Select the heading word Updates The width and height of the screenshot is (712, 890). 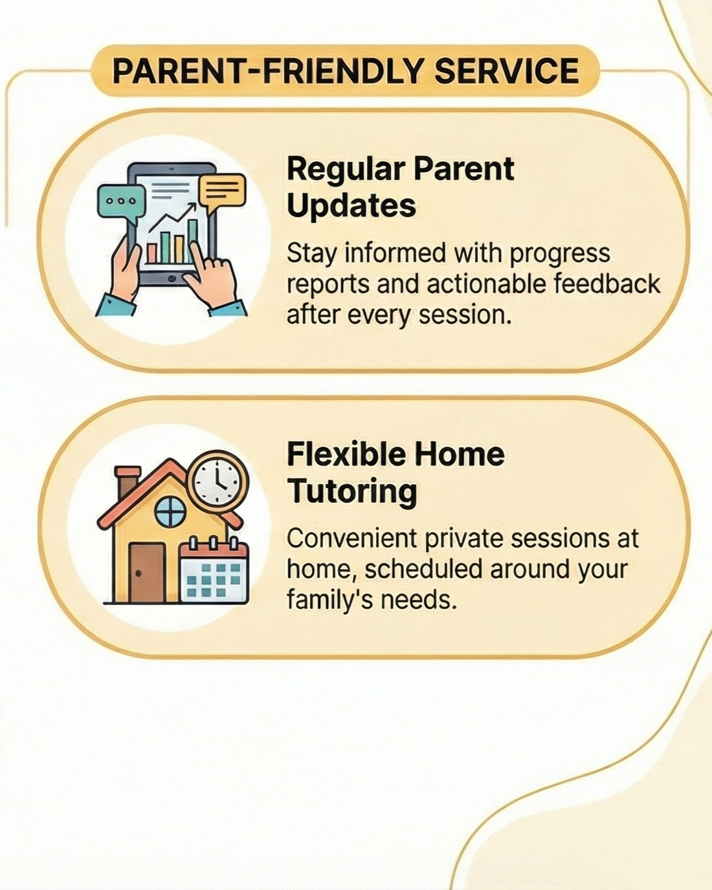pos(351,205)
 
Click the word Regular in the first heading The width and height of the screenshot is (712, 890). pos(346,170)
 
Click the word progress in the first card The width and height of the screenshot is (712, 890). pos(559,254)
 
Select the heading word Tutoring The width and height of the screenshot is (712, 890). pos(351,491)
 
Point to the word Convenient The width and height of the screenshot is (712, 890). pos(351,539)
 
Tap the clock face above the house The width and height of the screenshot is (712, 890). pos(217,478)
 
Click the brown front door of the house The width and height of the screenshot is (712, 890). pos(146,573)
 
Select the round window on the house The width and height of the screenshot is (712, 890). pos(170,512)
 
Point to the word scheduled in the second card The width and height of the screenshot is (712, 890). pos(424,569)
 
